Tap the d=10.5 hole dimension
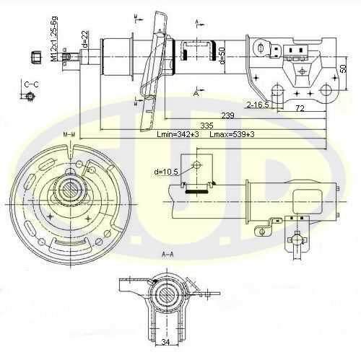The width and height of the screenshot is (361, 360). [167, 172]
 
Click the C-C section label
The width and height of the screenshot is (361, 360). [31, 84]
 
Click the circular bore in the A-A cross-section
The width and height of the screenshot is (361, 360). [167, 294]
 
